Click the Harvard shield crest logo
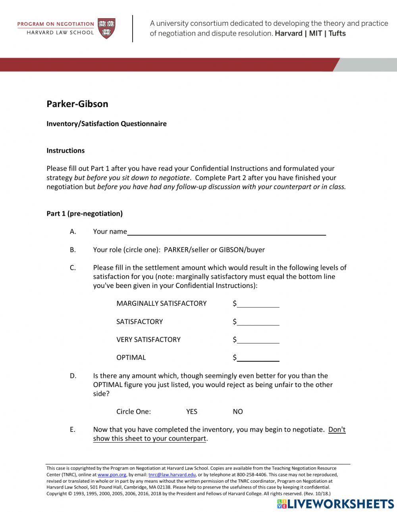106,28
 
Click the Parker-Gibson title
77,104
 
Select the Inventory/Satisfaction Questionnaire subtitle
106,124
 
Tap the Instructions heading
66,151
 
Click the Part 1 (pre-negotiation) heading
85,214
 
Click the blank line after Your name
226,232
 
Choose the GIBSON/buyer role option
241,250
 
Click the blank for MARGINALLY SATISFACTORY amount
258,304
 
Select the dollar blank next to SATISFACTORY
258,322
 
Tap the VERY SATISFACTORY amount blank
258,340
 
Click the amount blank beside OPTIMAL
258,358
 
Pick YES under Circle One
192,412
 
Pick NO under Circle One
238,412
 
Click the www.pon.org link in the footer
112,475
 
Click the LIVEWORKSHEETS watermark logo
335,504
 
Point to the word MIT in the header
315,34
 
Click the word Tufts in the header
337,34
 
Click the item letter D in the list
73,376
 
